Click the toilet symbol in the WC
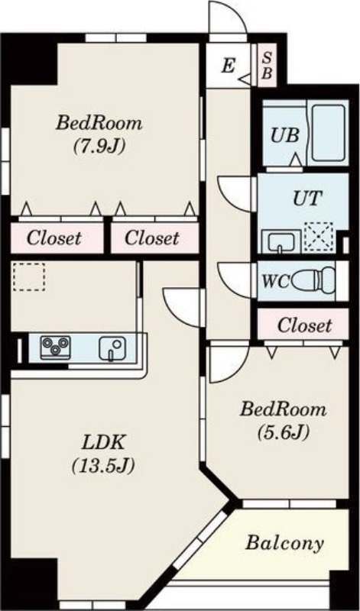click(313, 280)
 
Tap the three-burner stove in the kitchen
click(55, 348)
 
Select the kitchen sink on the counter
click(112, 348)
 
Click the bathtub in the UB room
click(329, 133)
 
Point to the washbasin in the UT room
click(281, 241)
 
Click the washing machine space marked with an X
click(318, 237)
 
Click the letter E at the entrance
click(229, 66)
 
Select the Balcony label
click(284, 543)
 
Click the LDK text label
click(103, 443)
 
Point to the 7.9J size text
click(99, 147)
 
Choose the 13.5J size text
click(103, 465)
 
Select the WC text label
click(274, 282)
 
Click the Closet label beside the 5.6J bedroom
click(305, 325)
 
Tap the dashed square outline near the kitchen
click(29, 276)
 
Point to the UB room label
click(285, 136)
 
